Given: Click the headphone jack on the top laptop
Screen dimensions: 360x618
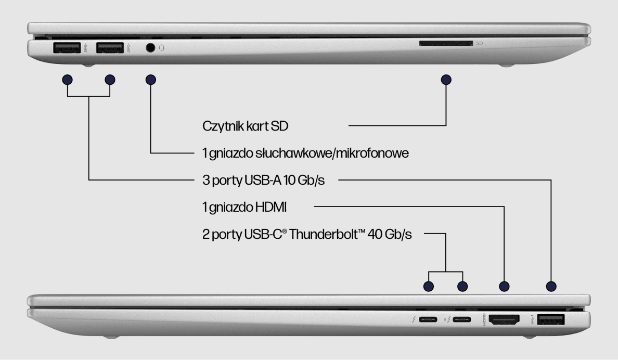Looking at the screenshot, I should (151, 48).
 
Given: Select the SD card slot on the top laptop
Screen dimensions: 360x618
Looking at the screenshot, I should (446, 44).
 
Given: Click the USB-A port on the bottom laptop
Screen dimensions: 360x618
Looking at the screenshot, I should (550, 319).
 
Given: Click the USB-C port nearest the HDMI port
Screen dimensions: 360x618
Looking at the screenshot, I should (462, 320).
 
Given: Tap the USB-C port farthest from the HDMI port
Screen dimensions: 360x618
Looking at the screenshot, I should (429, 320).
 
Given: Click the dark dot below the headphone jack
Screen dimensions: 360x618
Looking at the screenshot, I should (151, 80).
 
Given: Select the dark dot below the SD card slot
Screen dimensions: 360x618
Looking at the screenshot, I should (446, 80).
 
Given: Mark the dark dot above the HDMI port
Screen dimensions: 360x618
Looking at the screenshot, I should (504, 286).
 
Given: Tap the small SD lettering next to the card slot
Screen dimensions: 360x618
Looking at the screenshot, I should (480, 44).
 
